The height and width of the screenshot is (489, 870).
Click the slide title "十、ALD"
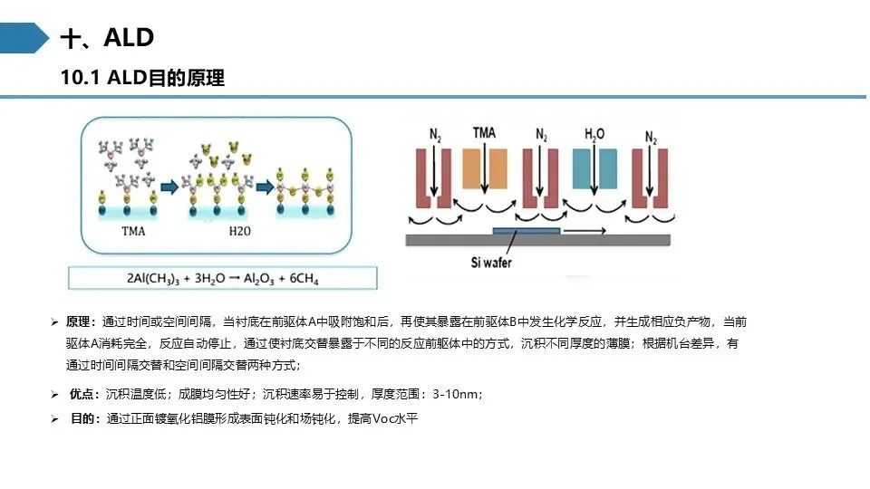(107, 38)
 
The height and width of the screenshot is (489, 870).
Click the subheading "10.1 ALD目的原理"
(142, 78)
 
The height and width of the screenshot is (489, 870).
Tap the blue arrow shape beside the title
(24, 38)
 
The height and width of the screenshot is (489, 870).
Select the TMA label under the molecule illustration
(133, 231)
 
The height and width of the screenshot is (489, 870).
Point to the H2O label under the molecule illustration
(239, 231)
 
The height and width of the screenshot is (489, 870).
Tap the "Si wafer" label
(491, 263)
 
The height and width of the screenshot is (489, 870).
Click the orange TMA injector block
(484, 168)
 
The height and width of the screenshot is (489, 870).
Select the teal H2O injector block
(594, 168)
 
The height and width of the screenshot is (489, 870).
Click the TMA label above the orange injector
(484, 133)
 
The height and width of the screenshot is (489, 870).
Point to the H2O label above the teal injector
(594, 134)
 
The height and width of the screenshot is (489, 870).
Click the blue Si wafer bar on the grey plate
(526, 231)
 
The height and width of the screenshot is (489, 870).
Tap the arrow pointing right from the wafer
(585, 231)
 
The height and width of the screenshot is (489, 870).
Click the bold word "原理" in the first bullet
(78, 321)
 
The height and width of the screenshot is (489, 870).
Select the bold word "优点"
(82, 394)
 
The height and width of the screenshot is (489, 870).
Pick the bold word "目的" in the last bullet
(82, 418)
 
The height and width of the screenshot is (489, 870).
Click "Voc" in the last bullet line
(382, 418)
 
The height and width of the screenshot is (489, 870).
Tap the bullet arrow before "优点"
(54, 395)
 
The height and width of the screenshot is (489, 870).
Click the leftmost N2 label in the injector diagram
(435, 135)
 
